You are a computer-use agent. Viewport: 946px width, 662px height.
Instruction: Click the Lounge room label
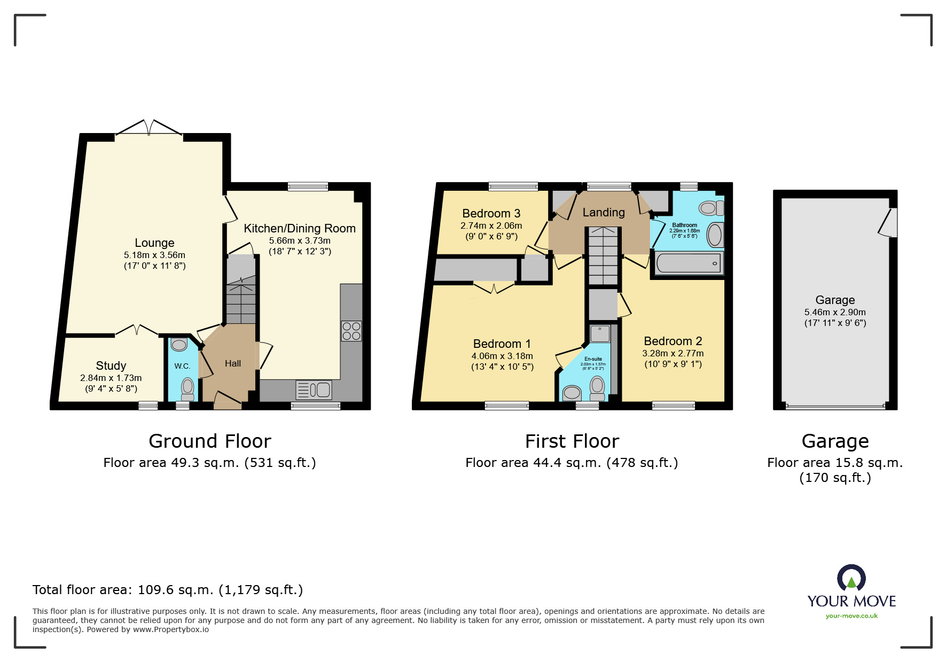(x=154, y=243)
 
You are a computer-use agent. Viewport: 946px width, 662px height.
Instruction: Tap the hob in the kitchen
(x=351, y=331)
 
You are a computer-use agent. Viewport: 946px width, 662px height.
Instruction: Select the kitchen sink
(x=314, y=390)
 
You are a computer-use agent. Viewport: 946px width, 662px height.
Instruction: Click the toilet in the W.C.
(x=187, y=388)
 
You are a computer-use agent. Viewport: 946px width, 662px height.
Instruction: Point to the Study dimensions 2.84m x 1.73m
(x=111, y=378)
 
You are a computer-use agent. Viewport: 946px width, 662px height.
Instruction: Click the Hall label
(x=233, y=363)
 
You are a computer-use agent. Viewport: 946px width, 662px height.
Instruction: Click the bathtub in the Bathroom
(x=688, y=263)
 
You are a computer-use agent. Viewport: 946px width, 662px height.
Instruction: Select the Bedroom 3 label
(x=491, y=213)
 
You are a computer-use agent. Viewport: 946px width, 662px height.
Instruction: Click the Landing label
(x=603, y=212)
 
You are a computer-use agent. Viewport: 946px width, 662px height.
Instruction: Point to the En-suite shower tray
(x=600, y=334)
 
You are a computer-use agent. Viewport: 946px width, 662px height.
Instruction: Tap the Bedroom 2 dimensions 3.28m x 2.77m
(x=673, y=353)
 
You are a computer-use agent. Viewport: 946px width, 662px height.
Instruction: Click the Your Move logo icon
(x=851, y=579)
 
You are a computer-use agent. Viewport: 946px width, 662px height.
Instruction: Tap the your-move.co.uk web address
(x=851, y=616)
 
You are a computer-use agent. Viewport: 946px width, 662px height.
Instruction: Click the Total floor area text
(x=167, y=590)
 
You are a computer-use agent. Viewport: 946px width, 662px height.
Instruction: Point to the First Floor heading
(x=572, y=441)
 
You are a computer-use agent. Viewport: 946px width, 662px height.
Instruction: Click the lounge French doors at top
(x=149, y=128)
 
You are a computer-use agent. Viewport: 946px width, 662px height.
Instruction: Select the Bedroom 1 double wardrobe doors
(x=494, y=287)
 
